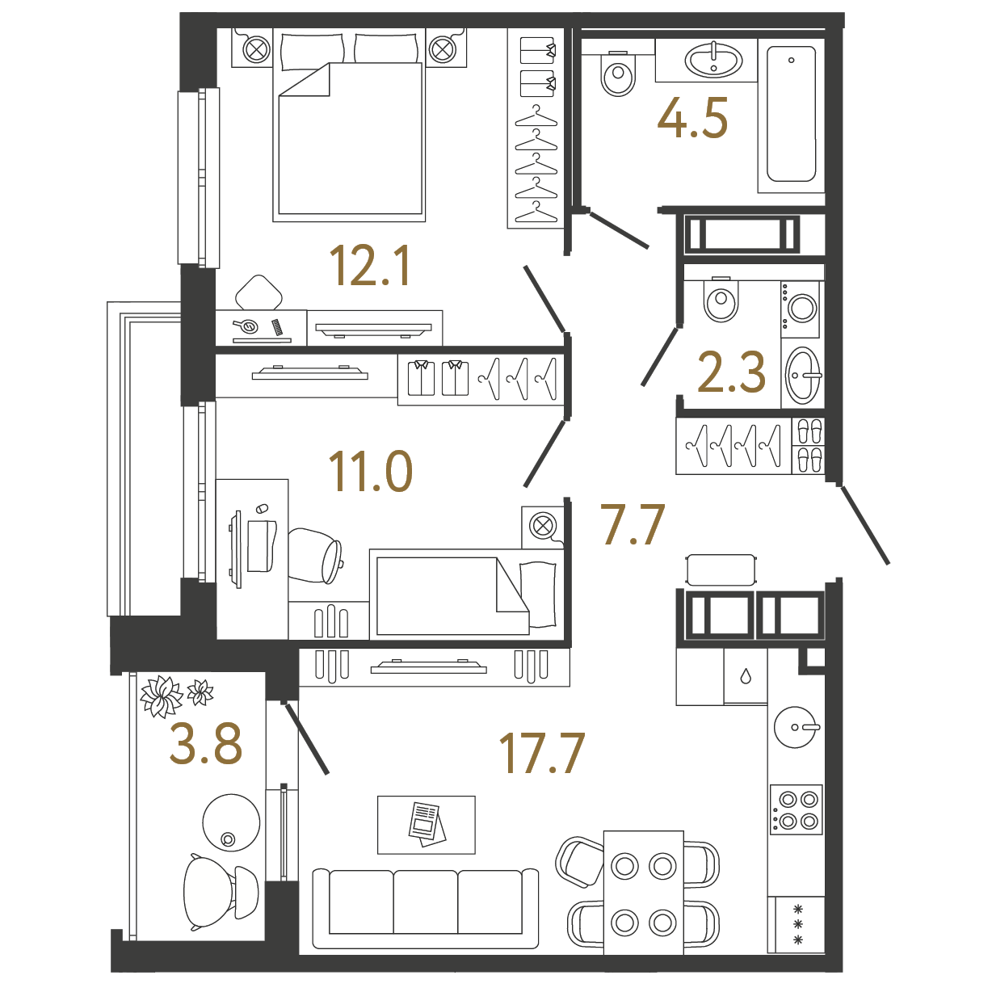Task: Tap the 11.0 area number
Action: [370, 470]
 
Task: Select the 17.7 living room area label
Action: [541, 754]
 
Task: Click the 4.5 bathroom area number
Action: [692, 118]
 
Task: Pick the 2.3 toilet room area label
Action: [732, 371]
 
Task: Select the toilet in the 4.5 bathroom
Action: [618, 74]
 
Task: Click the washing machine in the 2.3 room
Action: [801, 309]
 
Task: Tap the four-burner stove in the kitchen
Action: [796, 809]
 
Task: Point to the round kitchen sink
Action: [796, 727]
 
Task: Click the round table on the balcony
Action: [231, 822]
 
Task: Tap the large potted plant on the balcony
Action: [161, 696]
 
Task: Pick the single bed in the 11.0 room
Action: [466, 595]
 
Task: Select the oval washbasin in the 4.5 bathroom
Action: [713, 61]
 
